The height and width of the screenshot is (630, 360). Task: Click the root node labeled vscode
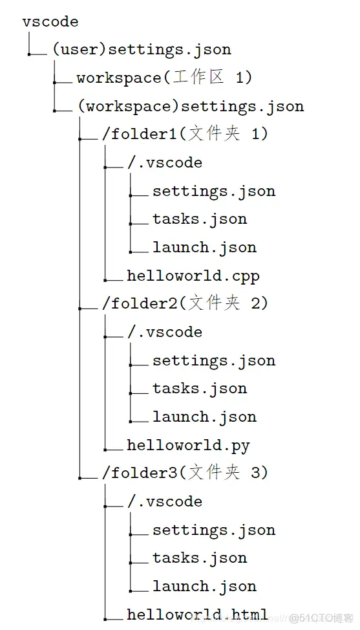(50, 22)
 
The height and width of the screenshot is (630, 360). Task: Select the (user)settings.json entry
(142, 50)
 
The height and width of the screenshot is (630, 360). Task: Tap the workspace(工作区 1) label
(164, 78)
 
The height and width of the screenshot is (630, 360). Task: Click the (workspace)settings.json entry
(190, 106)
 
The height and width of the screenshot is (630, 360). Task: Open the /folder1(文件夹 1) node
(184, 135)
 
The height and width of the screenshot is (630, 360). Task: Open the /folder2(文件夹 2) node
(184, 303)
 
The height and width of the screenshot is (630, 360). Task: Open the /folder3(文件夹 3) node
(184, 473)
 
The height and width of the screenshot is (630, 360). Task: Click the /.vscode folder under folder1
(165, 163)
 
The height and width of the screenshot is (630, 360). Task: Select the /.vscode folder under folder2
(165, 332)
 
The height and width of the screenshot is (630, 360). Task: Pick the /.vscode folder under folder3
(165, 502)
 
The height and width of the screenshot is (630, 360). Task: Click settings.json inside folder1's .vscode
(214, 191)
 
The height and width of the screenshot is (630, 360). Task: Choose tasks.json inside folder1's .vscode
(200, 219)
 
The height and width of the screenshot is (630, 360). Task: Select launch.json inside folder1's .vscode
(204, 248)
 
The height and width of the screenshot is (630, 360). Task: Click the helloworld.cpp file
(193, 276)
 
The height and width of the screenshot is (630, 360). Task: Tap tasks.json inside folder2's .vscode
(200, 389)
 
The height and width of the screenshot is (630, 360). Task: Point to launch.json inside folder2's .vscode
(204, 417)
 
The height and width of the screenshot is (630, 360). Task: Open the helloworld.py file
(188, 446)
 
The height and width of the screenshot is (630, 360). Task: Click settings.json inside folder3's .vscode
(214, 530)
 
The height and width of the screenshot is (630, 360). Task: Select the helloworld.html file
(197, 614)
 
